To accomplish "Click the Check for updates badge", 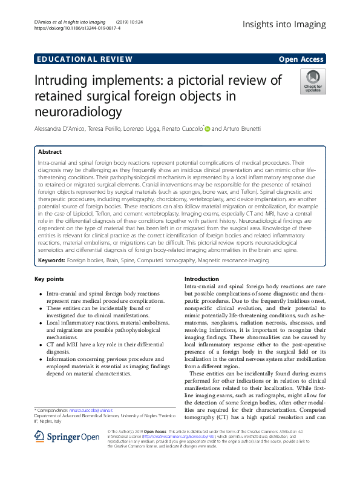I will click(x=312, y=81).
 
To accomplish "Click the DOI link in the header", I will click(x=77, y=28).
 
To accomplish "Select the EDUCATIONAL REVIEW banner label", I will click(x=83, y=59).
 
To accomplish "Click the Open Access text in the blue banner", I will click(x=301, y=59).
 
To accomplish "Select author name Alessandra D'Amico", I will click(x=59, y=129).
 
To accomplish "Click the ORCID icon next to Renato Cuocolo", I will click(x=208, y=128).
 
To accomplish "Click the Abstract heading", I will click(x=50, y=152).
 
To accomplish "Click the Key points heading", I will click(x=49, y=279).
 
